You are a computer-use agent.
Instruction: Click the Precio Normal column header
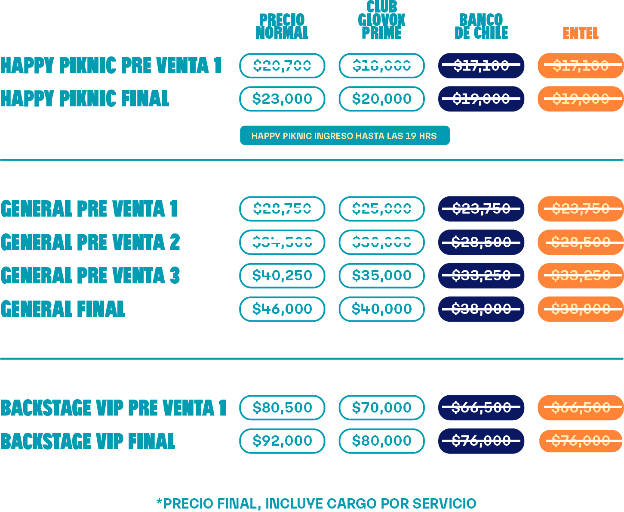[282, 26]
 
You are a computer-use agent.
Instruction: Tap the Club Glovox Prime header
[381, 20]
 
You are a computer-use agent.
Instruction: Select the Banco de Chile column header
[481, 26]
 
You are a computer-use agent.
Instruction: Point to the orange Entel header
[581, 33]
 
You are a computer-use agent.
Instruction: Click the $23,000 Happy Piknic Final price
[282, 99]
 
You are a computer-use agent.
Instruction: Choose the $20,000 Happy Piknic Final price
[381, 99]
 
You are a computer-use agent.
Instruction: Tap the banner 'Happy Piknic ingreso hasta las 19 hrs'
[344, 136]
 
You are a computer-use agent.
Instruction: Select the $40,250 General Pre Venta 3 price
[282, 275]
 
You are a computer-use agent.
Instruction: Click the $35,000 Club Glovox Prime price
[381, 275]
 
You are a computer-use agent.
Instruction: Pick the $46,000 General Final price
[282, 309]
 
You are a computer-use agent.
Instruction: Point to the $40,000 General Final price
[381, 309]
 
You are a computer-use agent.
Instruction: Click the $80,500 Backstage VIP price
[282, 407]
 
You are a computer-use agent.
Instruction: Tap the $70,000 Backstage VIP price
[381, 407]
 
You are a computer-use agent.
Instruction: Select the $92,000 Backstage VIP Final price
[282, 441]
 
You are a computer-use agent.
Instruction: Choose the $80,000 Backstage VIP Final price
[381, 441]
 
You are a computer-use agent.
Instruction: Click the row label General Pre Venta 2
[90, 242]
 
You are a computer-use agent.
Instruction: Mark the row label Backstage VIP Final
[88, 441]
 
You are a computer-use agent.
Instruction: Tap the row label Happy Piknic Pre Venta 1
[111, 65]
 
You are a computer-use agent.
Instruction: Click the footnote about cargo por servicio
[316, 503]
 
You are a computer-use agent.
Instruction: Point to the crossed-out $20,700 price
[282, 65]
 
